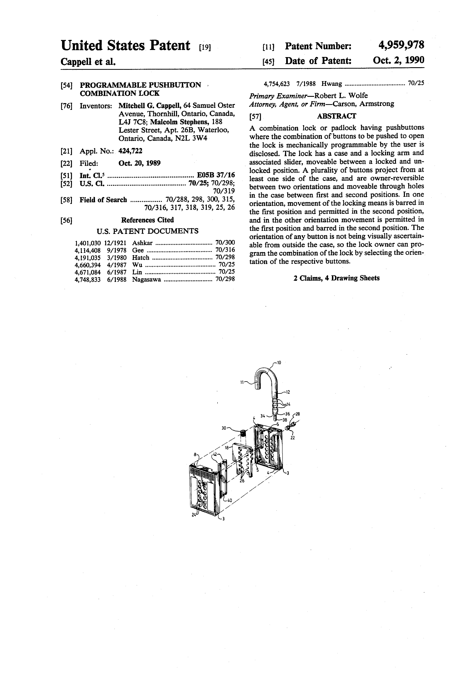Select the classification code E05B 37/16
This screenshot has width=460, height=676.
pos(216,175)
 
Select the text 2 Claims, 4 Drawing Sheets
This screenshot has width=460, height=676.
pos(336,278)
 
